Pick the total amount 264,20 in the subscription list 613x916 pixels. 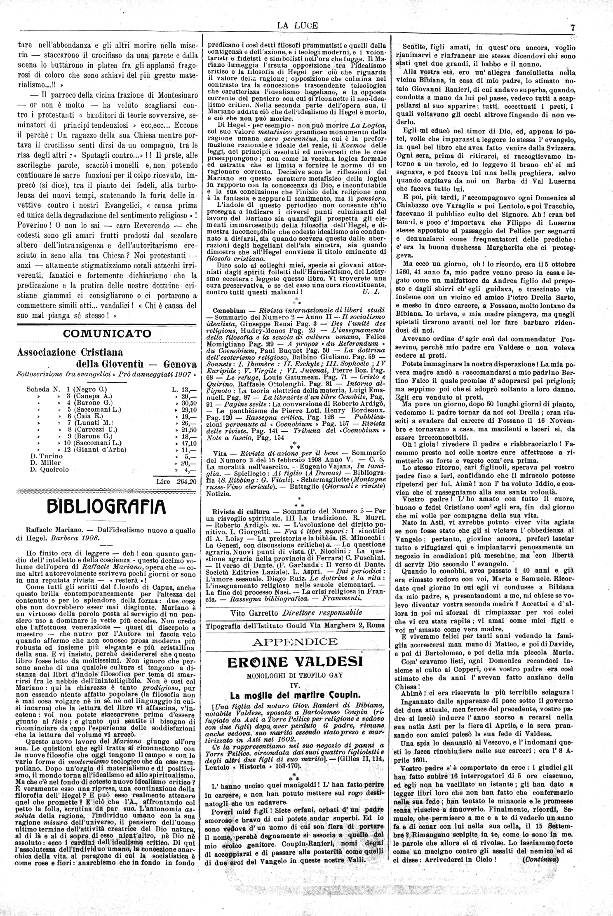pos(176,481)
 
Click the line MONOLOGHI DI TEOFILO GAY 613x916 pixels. pos(296,676)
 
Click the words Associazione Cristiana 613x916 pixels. pos(66,353)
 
